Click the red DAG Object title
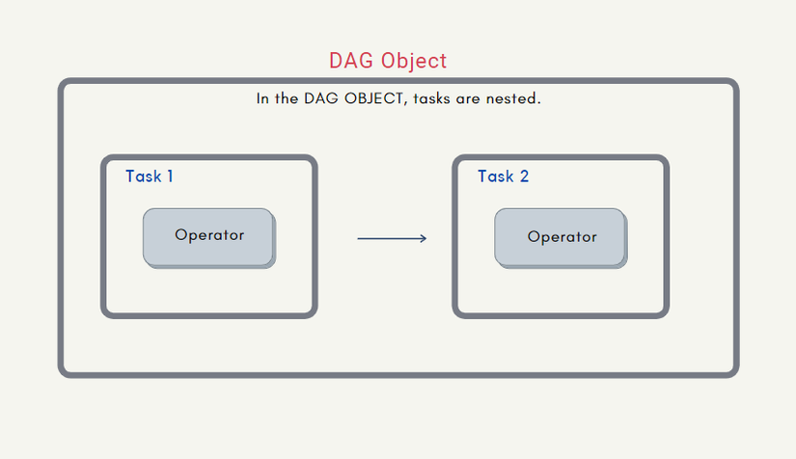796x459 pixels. [x=388, y=62]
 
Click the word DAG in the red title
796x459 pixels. [x=351, y=61]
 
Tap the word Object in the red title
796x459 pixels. [x=414, y=62]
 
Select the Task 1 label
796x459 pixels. [x=150, y=176]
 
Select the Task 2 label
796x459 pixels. [x=503, y=176]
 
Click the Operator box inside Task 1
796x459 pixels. [x=209, y=238]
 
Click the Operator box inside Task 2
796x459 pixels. [x=561, y=238]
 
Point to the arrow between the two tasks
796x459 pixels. [x=392, y=238]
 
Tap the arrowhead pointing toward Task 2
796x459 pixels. [x=424, y=238]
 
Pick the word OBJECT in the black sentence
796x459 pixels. [x=374, y=98]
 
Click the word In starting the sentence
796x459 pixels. [x=262, y=98]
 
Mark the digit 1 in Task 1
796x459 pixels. [x=170, y=176]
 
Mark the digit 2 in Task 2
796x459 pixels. [x=525, y=176]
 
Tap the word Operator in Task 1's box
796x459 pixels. [x=209, y=235]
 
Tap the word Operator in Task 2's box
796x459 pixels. [x=562, y=237]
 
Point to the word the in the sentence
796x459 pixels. [x=287, y=98]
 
